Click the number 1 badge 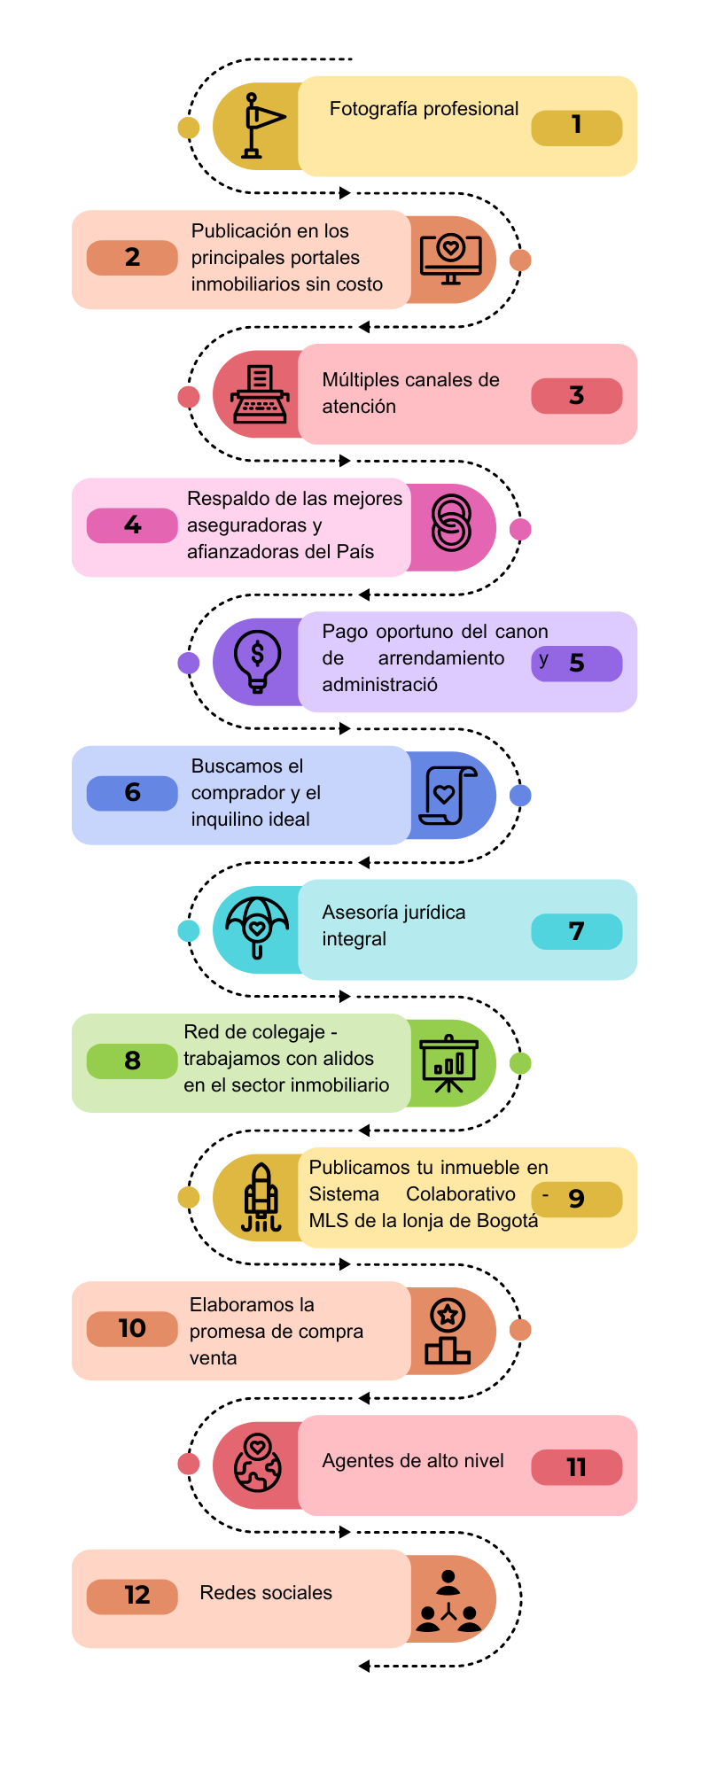(x=576, y=127)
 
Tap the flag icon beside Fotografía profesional (x=259, y=126)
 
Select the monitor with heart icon (x=450, y=259)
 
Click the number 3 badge (x=576, y=395)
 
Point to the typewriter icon (x=260, y=394)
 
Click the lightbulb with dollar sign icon (x=258, y=661)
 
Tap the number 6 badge (x=132, y=793)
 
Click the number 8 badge (x=132, y=1061)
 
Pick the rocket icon (x=261, y=1198)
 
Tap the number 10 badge (x=132, y=1329)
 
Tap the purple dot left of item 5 (x=189, y=663)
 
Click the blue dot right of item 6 (x=520, y=796)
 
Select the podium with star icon (x=448, y=1332)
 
